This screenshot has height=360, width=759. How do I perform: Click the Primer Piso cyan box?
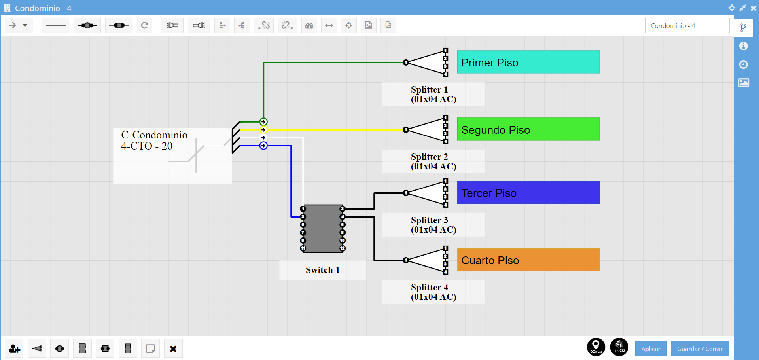click(x=528, y=62)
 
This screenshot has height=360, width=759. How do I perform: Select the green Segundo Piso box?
click(x=528, y=129)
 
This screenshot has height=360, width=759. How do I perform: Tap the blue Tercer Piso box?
click(x=528, y=192)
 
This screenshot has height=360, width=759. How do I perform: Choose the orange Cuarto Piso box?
click(x=528, y=260)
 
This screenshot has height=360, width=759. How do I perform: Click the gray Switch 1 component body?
click(x=323, y=228)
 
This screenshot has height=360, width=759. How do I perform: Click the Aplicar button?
click(x=651, y=349)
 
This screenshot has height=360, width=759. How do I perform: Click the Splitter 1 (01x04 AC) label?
click(x=433, y=94)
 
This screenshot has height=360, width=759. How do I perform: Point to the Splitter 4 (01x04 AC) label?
click(x=433, y=292)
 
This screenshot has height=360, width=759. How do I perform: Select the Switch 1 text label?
click(x=323, y=270)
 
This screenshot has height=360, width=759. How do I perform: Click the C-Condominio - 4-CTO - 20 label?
click(x=157, y=140)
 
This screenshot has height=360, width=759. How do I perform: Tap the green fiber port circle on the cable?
click(x=263, y=122)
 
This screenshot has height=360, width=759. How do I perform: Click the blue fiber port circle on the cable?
click(x=263, y=146)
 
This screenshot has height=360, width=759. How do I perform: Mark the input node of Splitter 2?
click(x=405, y=130)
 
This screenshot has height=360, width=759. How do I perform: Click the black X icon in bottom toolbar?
click(x=173, y=349)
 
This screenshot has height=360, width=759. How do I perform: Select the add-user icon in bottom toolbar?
click(x=15, y=349)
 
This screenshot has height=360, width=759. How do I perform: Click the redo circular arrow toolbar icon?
click(x=145, y=25)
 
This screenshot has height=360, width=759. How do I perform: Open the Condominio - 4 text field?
click(x=687, y=26)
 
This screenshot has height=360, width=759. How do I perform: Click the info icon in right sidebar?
click(x=744, y=46)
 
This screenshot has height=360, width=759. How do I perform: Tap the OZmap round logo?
click(x=596, y=347)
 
